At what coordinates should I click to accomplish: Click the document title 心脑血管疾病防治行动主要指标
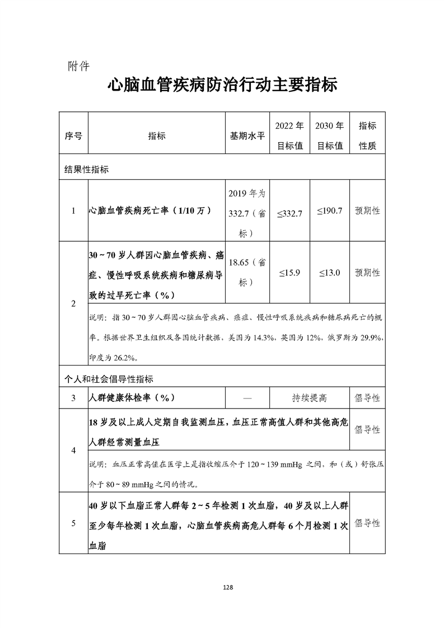click(x=222, y=88)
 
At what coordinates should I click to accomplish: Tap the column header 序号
click(x=73, y=136)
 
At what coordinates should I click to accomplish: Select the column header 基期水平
click(x=247, y=136)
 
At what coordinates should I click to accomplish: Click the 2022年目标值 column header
click(x=290, y=135)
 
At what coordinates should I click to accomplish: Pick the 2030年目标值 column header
click(x=330, y=135)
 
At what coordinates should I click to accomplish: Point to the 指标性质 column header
click(x=367, y=135)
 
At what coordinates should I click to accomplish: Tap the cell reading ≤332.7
click(x=290, y=212)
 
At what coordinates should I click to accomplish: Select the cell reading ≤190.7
click(x=330, y=211)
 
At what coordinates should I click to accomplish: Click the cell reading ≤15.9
click(x=290, y=273)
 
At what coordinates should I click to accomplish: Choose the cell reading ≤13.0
click(x=330, y=273)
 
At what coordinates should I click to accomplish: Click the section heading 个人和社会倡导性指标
click(x=109, y=379)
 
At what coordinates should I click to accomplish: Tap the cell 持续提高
click(x=309, y=398)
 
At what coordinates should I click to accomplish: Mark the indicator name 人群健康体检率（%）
click(x=132, y=398)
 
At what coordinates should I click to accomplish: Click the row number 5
click(x=73, y=523)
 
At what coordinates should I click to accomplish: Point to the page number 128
click(x=227, y=587)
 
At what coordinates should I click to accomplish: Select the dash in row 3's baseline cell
click(x=247, y=398)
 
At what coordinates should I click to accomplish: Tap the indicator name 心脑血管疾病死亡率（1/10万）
click(x=149, y=211)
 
